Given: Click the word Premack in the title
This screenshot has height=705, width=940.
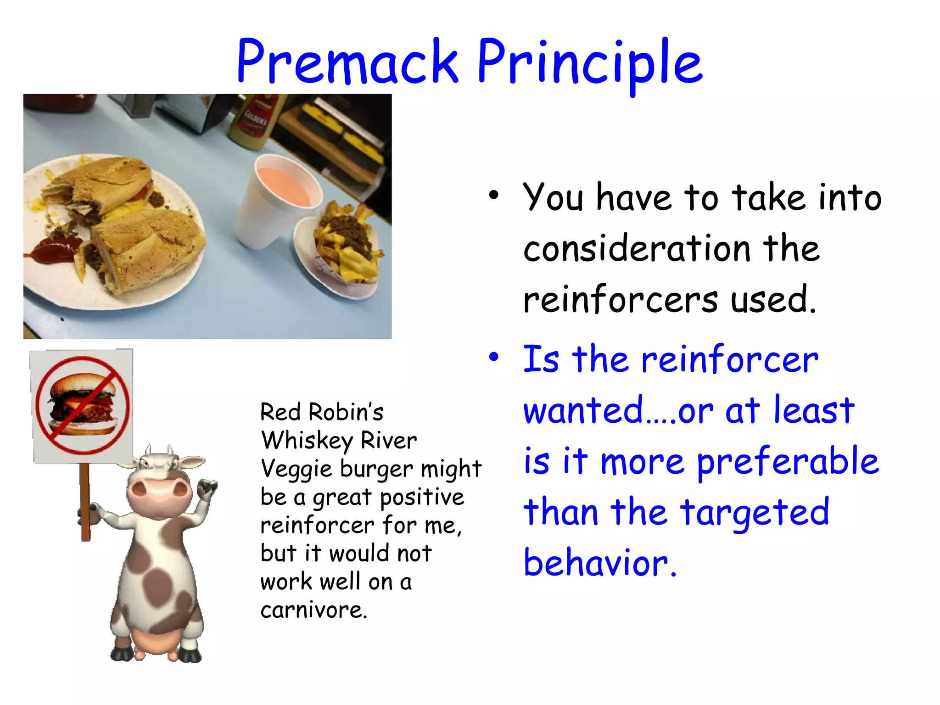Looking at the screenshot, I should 347,62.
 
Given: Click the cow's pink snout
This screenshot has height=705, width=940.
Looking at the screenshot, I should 159,496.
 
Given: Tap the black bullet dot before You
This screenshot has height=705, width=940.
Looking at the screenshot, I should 493,196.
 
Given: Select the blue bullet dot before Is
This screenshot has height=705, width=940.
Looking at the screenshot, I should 493,357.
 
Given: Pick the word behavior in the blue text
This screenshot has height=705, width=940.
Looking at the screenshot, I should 599,564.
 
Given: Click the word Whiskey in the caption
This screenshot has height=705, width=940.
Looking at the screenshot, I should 307,441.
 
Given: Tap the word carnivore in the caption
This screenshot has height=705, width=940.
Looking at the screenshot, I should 313,610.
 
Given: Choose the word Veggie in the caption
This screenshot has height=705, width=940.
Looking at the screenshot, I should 297,470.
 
